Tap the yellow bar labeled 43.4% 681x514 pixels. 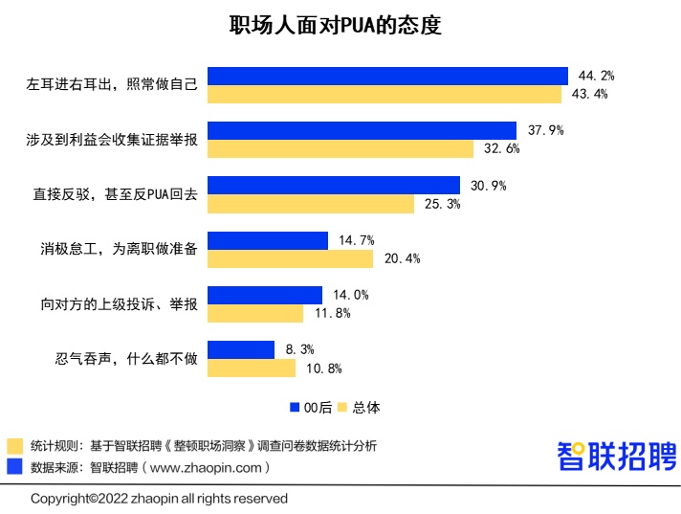pyautogui.click(x=384, y=94)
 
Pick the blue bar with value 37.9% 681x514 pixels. pyautogui.click(x=362, y=130)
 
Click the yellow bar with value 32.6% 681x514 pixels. pyautogui.click(x=340, y=148)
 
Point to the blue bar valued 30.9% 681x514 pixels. pyautogui.click(x=334, y=186)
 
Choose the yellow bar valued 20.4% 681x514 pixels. pyautogui.click(x=291, y=258)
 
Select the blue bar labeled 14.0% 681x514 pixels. pyautogui.click(x=265, y=295)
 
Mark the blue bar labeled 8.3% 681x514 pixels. pyautogui.click(x=243, y=349)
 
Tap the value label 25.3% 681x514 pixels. pyautogui.click(x=441, y=204)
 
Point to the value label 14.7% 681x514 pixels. pyautogui.click(x=356, y=240)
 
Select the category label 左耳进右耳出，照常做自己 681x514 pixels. pyautogui.click(x=112, y=85)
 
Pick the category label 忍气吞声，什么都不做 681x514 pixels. pyautogui.click(x=126, y=359)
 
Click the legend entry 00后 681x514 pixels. pyautogui.click(x=310, y=407)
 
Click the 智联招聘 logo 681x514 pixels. pyautogui.click(x=616, y=456)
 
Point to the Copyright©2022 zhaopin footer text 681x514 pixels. pyautogui.click(x=159, y=499)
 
